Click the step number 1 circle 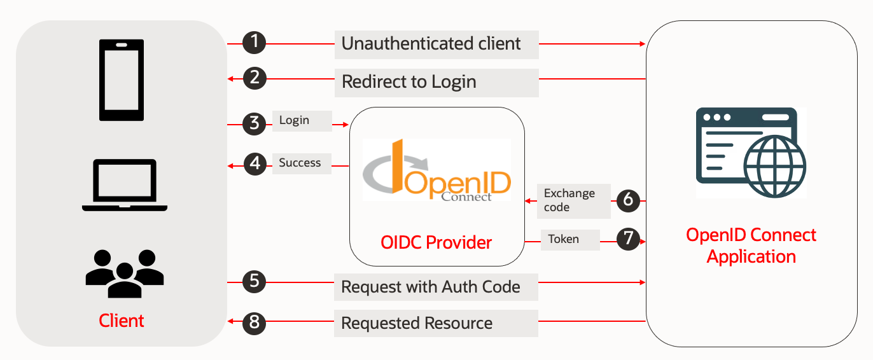(255, 43)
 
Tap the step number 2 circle (255, 79)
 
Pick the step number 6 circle (628, 200)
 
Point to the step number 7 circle (628, 239)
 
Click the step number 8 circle (255, 322)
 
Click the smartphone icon (122, 80)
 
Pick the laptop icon (125, 185)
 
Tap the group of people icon (125, 273)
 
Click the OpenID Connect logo (437, 170)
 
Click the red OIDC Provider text (436, 242)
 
